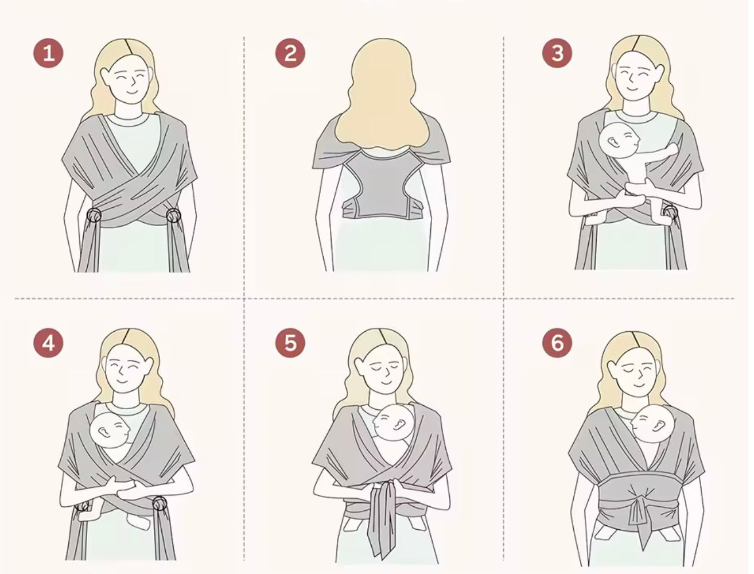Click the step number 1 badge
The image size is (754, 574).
tap(48, 53)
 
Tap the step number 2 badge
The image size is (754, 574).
tap(290, 53)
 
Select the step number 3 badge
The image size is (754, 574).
tap(557, 53)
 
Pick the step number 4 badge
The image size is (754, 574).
tap(48, 343)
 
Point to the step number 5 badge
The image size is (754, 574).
tap(290, 343)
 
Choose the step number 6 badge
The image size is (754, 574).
tap(557, 343)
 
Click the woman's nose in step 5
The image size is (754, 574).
tap(387, 373)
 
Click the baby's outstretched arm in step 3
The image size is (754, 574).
tap(658, 152)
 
